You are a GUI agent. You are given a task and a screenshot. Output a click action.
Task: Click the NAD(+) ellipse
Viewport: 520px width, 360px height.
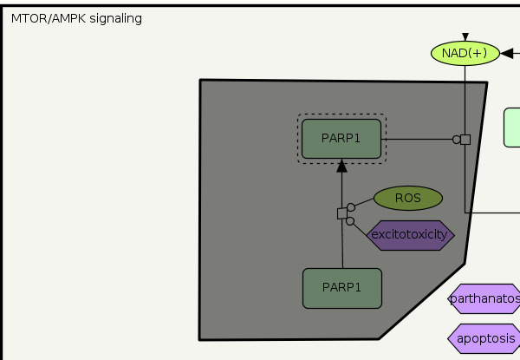[465, 53]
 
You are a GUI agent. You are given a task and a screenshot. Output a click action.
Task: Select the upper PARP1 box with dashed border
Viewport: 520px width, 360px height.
[341, 139]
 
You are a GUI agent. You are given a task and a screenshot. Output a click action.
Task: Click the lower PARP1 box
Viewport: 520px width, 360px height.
[341, 288]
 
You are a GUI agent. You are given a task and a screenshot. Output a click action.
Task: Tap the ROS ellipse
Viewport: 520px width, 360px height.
[407, 198]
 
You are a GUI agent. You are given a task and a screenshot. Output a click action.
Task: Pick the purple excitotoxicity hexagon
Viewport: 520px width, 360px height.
[411, 234]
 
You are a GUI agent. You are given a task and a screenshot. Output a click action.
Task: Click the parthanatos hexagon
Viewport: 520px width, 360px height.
[485, 300]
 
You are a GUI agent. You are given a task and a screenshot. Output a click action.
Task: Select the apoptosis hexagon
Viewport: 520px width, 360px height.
[485, 338]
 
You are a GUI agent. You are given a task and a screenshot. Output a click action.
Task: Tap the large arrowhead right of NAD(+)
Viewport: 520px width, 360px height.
[507, 54]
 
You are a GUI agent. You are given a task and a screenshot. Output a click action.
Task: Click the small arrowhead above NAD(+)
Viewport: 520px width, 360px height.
[465, 36]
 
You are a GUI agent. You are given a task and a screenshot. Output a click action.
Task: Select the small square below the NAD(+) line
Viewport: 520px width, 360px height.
[465, 140]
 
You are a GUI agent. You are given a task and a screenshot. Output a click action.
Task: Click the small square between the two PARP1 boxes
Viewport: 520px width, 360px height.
[341, 213]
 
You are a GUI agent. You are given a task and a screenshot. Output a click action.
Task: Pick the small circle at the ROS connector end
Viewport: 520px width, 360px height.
[351, 208]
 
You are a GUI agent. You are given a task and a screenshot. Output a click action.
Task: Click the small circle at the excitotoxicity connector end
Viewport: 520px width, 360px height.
[350, 221]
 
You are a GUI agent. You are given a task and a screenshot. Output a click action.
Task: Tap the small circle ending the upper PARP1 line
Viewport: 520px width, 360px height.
[456, 140]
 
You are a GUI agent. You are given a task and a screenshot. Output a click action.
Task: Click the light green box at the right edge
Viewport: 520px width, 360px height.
[512, 128]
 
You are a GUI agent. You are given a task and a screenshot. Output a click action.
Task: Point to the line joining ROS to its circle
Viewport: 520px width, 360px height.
[364, 204]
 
